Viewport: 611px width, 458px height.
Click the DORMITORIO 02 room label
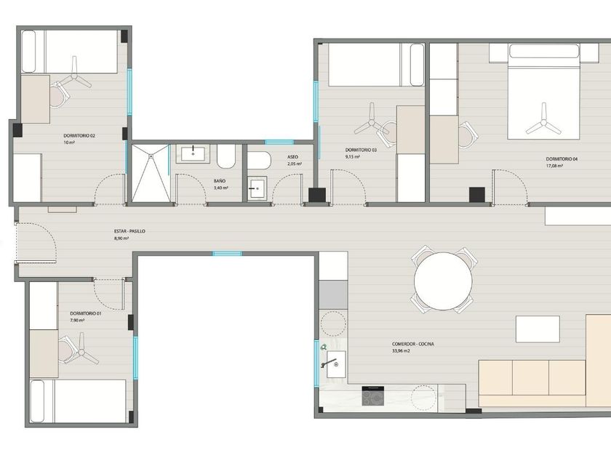click(79, 136)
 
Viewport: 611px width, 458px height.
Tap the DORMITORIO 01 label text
click(86, 313)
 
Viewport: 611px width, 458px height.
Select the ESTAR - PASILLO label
click(129, 231)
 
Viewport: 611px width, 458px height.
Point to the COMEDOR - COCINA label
click(413, 345)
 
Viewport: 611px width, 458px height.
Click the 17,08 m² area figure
click(554, 166)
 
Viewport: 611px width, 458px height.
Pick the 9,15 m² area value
click(352, 156)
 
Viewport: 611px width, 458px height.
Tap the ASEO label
click(292, 157)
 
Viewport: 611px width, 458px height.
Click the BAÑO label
click(220, 181)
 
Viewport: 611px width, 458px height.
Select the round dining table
click(443, 281)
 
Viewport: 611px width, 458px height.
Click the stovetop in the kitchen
click(373, 396)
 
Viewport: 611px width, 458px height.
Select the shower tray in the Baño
click(151, 173)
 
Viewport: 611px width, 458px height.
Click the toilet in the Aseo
click(259, 160)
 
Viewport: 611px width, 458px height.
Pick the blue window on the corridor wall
click(227, 254)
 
